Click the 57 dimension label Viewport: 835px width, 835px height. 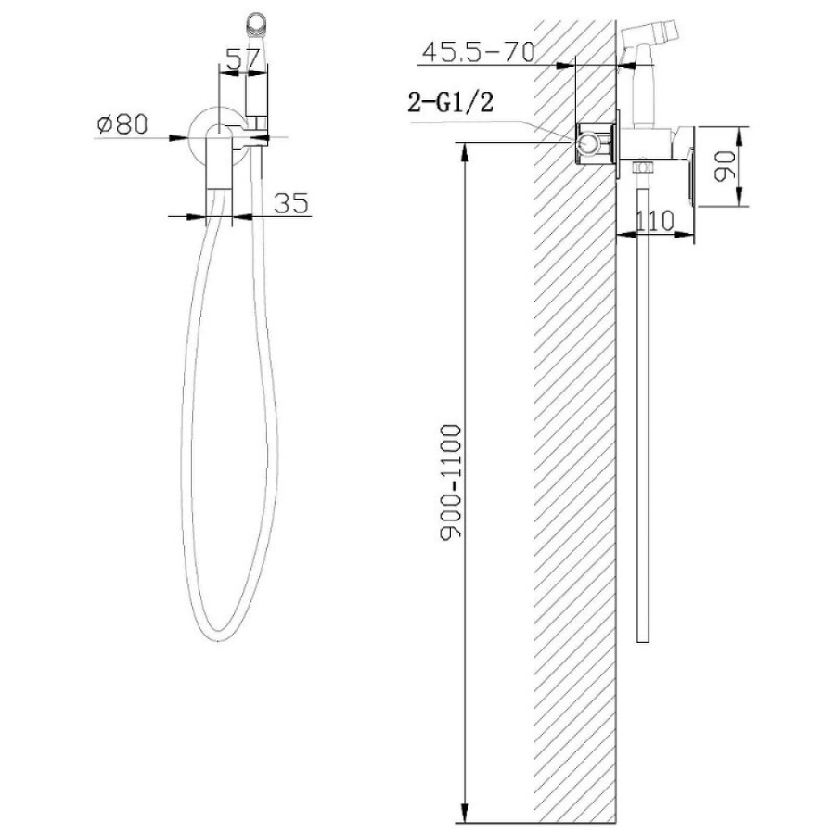tap(243, 58)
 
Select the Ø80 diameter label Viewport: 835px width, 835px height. tap(122, 124)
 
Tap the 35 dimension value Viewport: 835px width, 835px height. tap(291, 203)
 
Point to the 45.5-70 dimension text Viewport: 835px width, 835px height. tap(479, 52)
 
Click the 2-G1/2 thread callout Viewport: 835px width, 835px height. tap(451, 102)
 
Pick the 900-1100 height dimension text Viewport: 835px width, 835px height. tap(451, 482)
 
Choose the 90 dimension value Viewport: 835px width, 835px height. tap(725, 166)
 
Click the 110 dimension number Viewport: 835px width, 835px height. tap(655, 221)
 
